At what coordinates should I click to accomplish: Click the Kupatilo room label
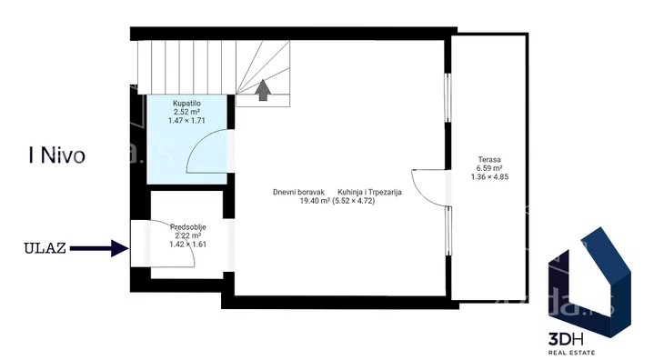pos(186,104)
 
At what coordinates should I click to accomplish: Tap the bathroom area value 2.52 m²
pos(186,112)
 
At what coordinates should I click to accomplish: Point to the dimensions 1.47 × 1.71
pos(186,121)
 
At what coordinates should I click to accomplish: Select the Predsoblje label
pos(188,227)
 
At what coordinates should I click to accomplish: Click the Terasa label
pos(489,159)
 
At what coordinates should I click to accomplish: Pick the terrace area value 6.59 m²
pos(489,168)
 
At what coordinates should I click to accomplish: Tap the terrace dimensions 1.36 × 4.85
pos(489,177)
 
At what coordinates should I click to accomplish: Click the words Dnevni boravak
pos(299,192)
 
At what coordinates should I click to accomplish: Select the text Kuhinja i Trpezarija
pos(369,192)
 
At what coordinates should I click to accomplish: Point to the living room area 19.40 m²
pos(315,201)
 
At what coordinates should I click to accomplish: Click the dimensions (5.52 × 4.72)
pos(354,201)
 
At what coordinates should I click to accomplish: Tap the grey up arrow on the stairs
pos(263,90)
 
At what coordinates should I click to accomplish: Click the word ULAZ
pos(45,248)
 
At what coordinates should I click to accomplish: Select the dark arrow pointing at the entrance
pos(99,248)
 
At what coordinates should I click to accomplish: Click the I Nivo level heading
pos(56,155)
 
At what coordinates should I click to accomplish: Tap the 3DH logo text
pos(566,339)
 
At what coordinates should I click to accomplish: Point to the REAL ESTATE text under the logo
pos(571,353)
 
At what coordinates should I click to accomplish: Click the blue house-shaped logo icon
pos(589,282)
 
